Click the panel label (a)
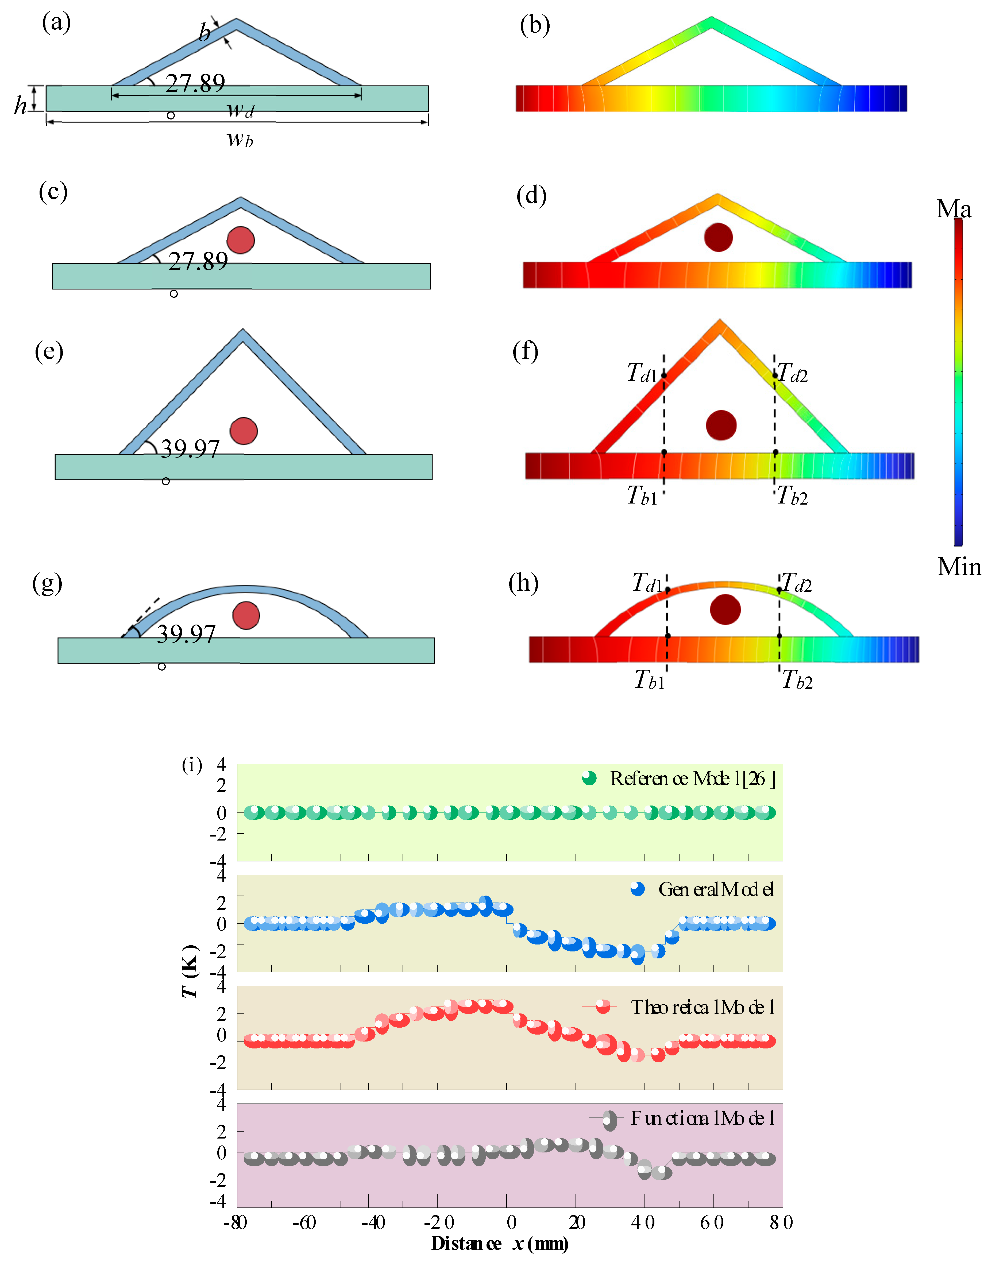tap(56, 23)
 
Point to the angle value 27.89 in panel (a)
tap(195, 84)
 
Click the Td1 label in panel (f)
tap(642, 373)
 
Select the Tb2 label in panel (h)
tap(797, 680)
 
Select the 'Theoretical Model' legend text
tap(702, 1008)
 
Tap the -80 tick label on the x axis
tap(236, 1223)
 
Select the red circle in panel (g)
tap(246, 615)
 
